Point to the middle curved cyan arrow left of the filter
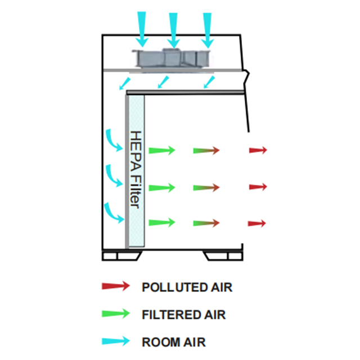click(x=114, y=175)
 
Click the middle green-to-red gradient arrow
click(x=205, y=187)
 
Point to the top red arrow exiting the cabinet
click(x=258, y=150)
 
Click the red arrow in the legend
click(x=115, y=286)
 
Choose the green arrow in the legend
click(x=115, y=313)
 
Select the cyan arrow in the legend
click(x=115, y=341)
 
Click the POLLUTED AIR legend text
click(x=187, y=287)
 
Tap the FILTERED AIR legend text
click(x=183, y=314)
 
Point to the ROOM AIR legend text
click(x=173, y=341)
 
